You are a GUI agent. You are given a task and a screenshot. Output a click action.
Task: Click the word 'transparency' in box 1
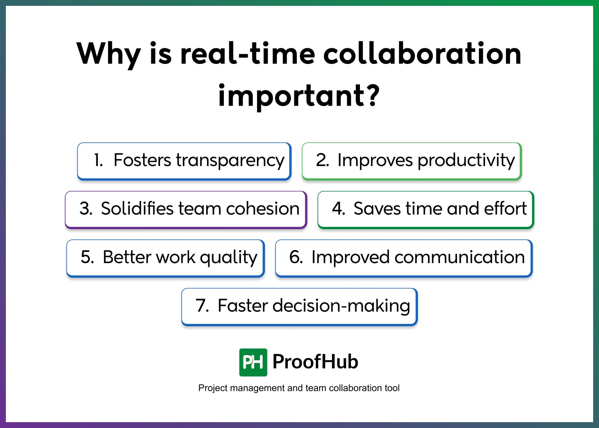coord(230,161)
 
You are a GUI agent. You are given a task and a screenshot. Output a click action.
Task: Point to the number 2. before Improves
coord(323,160)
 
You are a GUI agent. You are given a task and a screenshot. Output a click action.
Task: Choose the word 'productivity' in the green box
coord(466,161)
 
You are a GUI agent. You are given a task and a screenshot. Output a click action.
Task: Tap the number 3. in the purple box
coord(86,209)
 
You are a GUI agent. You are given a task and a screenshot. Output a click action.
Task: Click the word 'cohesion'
coord(262,209)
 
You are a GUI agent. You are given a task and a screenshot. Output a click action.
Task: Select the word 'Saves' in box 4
coord(377,209)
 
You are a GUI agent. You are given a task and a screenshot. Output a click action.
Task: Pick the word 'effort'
coord(505,209)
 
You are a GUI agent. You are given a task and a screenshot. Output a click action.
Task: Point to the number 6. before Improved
coord(296,257)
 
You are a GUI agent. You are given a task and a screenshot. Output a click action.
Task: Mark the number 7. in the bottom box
coord(202,306)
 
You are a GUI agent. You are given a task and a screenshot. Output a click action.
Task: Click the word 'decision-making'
coord(341,306)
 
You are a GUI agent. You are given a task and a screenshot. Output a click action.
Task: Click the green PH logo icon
coord(253,362)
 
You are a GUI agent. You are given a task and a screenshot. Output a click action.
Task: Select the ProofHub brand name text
coord(315,362)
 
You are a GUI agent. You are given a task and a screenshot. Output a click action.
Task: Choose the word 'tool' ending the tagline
coord(392,388)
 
